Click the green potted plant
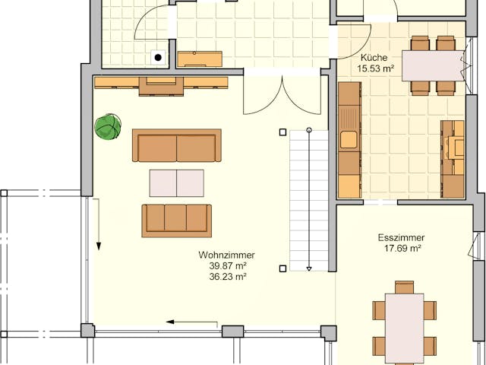coord(108,126)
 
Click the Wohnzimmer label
coord(226,255)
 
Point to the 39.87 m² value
coord(227,266)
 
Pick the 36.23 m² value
coord(227,277)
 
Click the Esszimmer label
coord(401,237)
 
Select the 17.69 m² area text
coord(401,248)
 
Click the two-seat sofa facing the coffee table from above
coord(177,145)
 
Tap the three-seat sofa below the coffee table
coord(176,219)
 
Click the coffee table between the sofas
coord(177,183)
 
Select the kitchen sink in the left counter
coord(349,140)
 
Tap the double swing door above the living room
coord(281,95)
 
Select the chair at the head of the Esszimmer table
coord(404,287)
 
